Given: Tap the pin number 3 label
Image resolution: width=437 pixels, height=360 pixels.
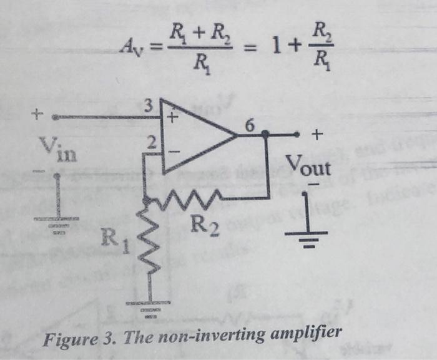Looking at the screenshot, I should pos(149,106).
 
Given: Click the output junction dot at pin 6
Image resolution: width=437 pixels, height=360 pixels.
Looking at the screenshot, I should pos(266,134).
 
